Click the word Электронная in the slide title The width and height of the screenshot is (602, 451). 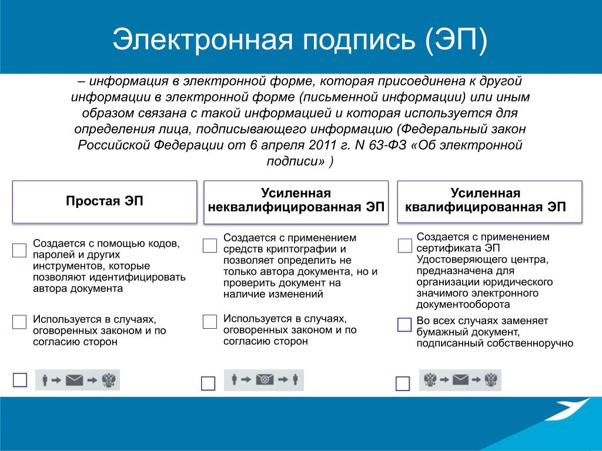click(202, 39)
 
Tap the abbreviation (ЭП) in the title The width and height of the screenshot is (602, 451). click(456, 39)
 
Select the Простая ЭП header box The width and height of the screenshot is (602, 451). click(105, 202)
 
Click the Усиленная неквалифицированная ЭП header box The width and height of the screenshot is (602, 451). click(296, 202)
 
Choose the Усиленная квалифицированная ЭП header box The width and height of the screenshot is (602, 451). click(490, 201)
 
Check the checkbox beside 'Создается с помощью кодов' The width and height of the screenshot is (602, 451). click(19, 250)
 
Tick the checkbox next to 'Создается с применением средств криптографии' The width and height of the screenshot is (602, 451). click(210, 245)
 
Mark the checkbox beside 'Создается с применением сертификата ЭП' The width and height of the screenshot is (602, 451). click(404, 245)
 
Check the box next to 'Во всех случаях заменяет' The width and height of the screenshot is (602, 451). click(404, 324)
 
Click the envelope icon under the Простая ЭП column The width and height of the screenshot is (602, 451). click(75, 381)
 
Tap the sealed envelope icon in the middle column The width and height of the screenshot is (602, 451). click(265, 380)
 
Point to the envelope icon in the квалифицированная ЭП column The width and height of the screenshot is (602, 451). click(461, 380)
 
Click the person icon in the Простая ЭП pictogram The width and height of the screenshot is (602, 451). click(45, 381)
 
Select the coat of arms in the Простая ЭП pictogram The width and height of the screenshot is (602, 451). click(109, 381)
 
